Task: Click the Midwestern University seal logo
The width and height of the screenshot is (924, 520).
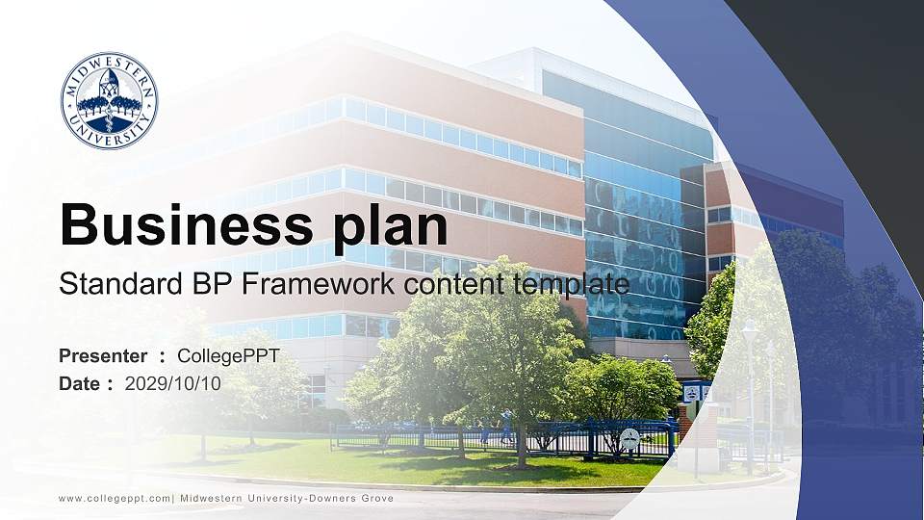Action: coord(109,101)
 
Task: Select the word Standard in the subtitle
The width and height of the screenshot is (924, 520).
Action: coord(110,284)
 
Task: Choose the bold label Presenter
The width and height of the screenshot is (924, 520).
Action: coord(103,356)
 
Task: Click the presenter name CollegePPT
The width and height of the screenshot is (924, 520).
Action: coord(228,356)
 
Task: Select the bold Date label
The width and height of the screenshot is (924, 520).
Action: coord(80,383)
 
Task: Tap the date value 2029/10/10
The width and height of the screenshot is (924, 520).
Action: coord(173,383)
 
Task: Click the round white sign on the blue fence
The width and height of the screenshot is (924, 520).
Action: coord(629,438)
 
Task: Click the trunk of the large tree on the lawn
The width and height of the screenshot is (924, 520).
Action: coord(520,438)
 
